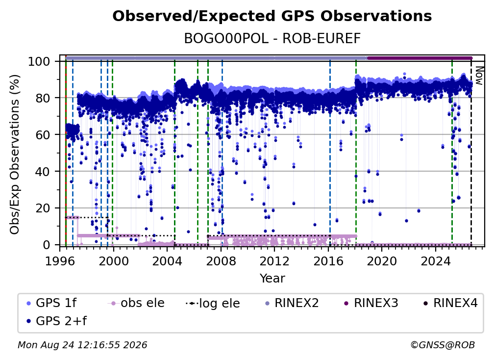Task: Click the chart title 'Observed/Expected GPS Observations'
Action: (272, 16)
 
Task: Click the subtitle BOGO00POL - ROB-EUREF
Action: (272, 38)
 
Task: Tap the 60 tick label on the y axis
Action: (43, 134)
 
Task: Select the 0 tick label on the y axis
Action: (47, 245)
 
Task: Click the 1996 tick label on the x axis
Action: (60, 261)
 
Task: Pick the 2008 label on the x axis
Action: (221, 261)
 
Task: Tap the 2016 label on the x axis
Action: (328, 261)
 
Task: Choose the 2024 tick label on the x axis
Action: (436, 261)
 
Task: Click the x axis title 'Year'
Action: (272, 279)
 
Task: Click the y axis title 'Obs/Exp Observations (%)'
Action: (15, 154)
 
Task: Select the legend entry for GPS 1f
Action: (51, 303)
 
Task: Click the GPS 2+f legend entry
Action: (57, 321)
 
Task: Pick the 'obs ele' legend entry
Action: (136, 303)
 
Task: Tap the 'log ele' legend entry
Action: (213, 303)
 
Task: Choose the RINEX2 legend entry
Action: (292, 303)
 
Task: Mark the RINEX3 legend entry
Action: (371, 303)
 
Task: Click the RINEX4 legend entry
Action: (451, 303)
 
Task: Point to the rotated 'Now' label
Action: (478, 76)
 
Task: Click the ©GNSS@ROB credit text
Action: (443, 345)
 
